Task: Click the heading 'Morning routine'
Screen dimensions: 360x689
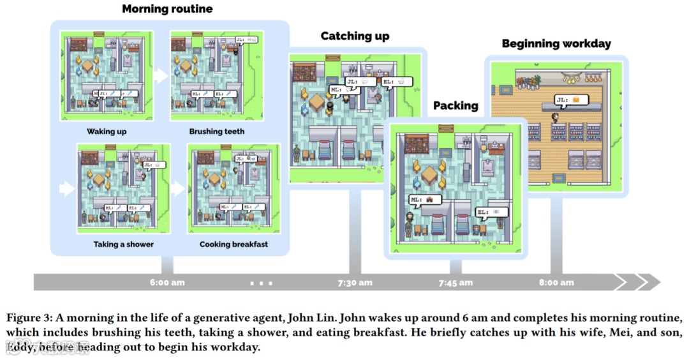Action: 167,9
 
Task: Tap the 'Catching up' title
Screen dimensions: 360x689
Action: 355,36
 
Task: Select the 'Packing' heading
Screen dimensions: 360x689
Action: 456,105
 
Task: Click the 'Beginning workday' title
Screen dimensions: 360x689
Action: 556,43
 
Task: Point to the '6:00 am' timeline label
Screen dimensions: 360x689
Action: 168,282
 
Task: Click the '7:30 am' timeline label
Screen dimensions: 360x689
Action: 355,282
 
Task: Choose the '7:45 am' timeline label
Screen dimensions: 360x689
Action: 456,282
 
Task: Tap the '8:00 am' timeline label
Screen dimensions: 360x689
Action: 556,282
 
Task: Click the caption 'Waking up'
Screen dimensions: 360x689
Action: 107,131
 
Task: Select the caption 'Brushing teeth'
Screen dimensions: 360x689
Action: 216,131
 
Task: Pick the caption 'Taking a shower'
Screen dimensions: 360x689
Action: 123,244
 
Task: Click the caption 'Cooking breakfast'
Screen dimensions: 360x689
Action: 233,244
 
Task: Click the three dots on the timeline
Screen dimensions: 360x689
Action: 262,282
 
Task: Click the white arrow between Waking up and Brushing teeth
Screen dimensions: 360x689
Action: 161,75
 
